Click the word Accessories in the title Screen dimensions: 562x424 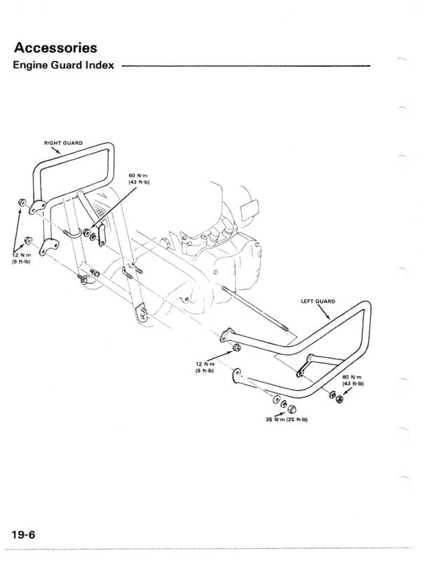55,48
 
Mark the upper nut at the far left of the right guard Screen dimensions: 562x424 21,203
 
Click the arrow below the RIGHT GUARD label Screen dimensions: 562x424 56,155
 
